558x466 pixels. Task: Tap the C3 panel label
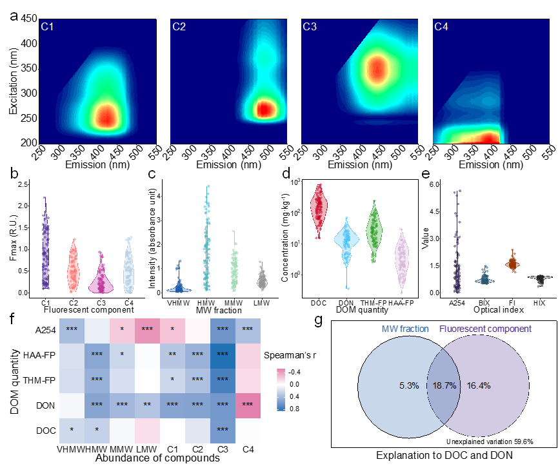click(x=310, y=27)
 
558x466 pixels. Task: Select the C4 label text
click(x=441, y=27)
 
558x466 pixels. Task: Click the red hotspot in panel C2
click(x=264, y=109)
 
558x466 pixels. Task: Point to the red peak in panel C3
click(x=375, y=68)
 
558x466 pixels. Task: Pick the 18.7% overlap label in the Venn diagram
click(x=444, y=385)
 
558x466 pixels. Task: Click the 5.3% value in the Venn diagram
click(x=409, y=385)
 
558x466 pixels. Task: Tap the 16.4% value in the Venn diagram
click(x=479, y=385)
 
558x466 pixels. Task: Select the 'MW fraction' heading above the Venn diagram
click(x=405, y=329)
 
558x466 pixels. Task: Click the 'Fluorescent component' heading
click(x=486, y=329)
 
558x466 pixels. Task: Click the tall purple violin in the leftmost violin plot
click(x=45, y=245)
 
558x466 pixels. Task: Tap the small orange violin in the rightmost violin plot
click(x=513, y=262)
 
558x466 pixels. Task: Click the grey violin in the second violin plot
click(x=262, y=280)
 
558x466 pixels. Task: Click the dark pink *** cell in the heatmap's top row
click(x=147, y=330)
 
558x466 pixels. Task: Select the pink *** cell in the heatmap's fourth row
click(x=248, y=405)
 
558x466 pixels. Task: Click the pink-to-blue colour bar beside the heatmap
click(x=281, y=389)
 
